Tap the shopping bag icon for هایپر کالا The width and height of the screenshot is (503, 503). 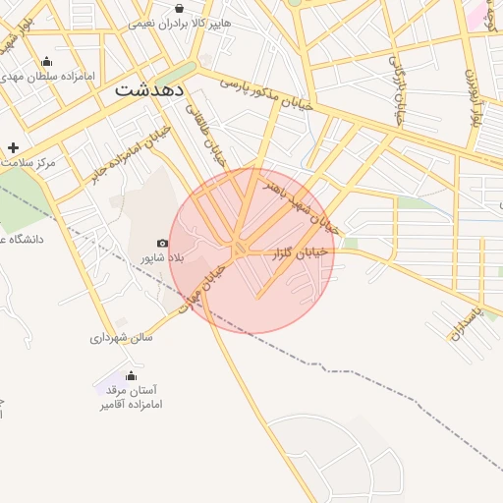(x=178, y=8)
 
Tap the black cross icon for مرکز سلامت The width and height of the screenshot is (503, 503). (x=12, y=146)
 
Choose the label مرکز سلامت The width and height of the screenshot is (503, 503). (x=28, y=161)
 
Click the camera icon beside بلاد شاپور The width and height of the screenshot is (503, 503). (x=162, y=243)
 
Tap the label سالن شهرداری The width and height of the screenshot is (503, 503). (x=122, y=337)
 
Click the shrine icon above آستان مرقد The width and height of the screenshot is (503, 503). (x=131, y=376)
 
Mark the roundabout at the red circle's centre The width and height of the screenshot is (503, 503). (x=239, y=249)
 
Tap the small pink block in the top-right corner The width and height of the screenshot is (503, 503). (x=477, y=15)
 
